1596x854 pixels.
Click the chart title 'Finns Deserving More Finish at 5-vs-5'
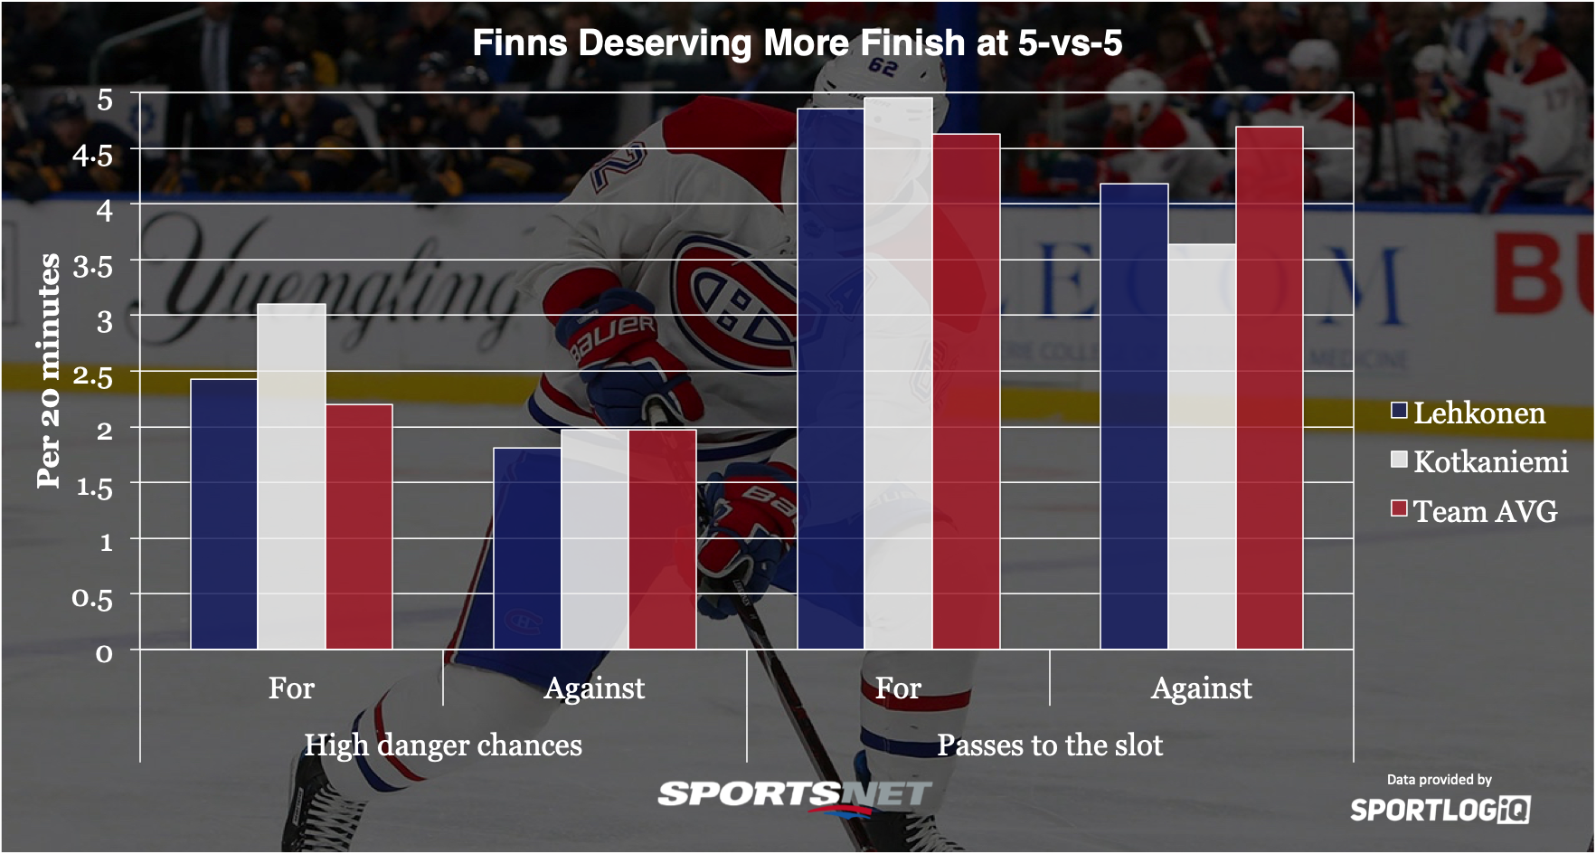pos(797,43)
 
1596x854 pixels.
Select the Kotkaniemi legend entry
pos(1478,461)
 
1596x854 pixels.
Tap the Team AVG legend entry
pos(1473,511)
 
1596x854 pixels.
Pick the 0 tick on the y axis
pos(105,653)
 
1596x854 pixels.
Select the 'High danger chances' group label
pos(443,745)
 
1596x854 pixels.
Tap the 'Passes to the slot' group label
pos(1049,745)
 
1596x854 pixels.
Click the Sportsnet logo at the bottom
pos(794,794)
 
